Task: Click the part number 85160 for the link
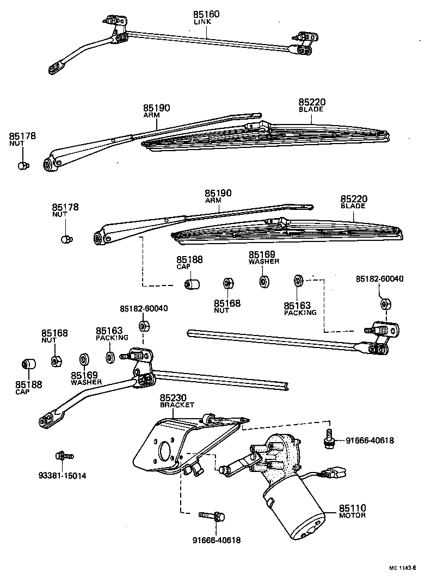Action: point(206,14)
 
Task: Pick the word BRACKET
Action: point(177,405)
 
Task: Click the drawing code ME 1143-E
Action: point(402,568)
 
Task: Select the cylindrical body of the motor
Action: point(294,511)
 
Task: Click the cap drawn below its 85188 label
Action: point(190,285)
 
